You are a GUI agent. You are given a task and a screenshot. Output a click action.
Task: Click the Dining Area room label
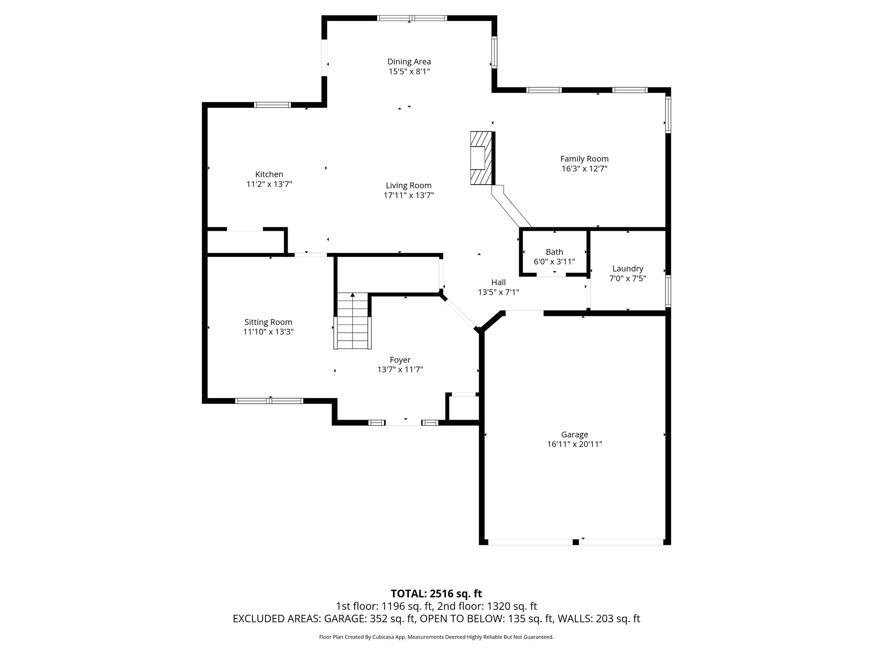(x=409, y=62)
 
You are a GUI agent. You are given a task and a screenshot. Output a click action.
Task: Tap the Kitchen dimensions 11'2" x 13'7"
(x=269, y=184)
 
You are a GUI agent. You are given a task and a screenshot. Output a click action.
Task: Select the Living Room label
(x=408, y=185)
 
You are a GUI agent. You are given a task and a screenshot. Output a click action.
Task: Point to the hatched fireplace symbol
(x=481, y=158)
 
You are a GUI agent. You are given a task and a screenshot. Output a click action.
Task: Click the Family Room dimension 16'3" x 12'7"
(x=584, y=168)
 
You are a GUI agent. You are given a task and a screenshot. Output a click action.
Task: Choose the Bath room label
(x=554, y=252)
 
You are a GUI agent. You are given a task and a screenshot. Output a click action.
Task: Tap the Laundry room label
(x=627, y=269)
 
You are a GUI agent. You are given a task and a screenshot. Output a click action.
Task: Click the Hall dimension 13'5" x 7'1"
(x=498, y=292)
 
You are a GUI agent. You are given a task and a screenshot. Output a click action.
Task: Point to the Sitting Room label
(x=268, y=322)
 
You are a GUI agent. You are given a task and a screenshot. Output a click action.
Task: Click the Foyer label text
(x=400, y=360)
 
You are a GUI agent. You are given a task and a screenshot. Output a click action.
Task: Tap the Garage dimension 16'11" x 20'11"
(x=574, y=444)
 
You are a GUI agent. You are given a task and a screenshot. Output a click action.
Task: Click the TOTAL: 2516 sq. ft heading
(x=436, y=593)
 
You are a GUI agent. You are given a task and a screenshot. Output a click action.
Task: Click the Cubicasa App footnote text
(x=436, y=637)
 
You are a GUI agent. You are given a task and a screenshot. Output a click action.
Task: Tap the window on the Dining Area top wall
(x=412, y=18)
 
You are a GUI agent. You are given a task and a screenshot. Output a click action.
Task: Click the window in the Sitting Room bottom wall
(x=269, y=401)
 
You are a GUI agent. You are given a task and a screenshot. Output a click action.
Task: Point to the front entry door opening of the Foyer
(x=403, y=423)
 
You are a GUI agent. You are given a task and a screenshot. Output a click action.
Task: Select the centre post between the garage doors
(x=575, y=542)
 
